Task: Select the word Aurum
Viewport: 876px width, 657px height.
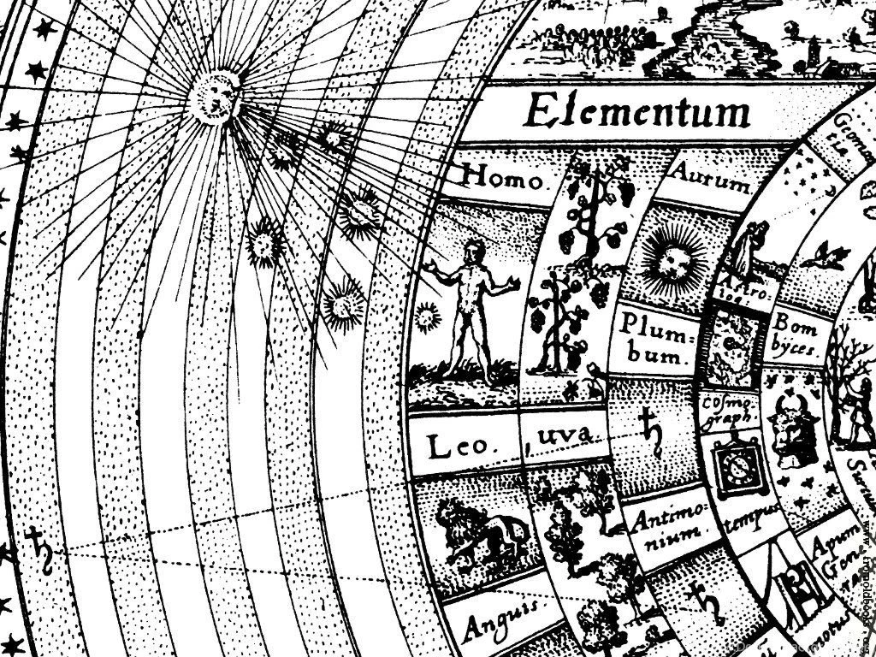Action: [711, 177]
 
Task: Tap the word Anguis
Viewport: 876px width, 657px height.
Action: [501, 619]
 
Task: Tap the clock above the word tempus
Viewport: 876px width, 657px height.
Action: [733, 465]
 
